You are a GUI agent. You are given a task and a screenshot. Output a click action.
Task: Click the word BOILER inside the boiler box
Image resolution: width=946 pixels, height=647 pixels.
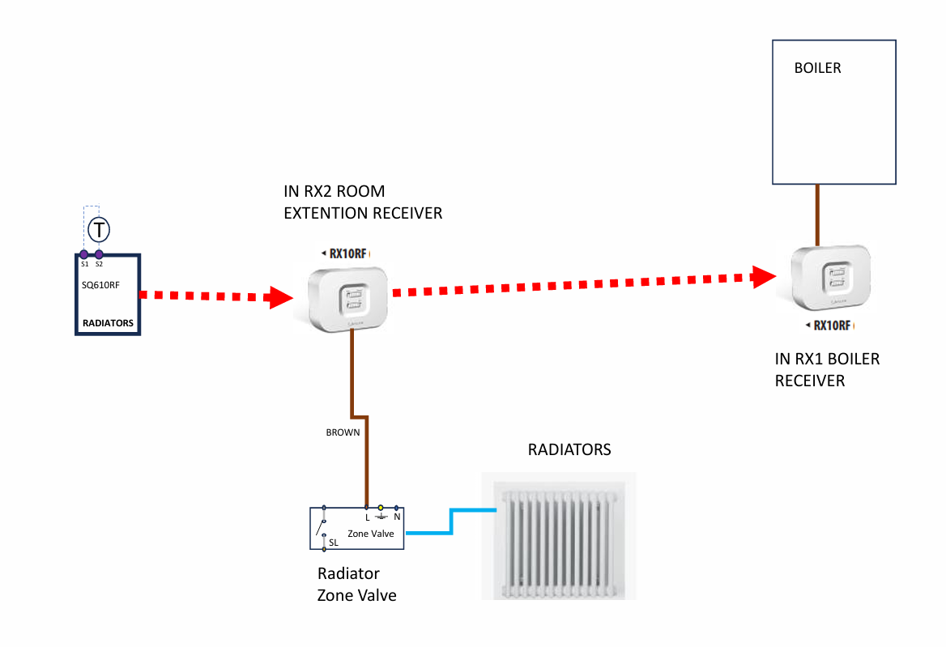pos(817,68)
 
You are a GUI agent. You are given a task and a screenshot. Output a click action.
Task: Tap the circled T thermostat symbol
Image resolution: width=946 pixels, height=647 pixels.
pos(98,230)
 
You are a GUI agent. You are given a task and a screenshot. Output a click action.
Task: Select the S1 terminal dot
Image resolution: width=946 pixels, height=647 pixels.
pos(84,254)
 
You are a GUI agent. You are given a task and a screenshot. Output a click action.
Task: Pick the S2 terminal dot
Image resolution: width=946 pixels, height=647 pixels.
pos(99,254)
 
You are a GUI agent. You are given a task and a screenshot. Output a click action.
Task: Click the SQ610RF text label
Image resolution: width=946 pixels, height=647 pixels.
pos(100,285)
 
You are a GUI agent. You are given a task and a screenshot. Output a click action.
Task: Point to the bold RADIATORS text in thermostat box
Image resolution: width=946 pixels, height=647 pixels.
pos(108,324)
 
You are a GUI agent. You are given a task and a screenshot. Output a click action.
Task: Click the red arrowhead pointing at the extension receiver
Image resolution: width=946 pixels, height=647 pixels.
pos(280,297)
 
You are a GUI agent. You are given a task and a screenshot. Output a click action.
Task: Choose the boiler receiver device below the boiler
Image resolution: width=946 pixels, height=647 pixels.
pos(831,278)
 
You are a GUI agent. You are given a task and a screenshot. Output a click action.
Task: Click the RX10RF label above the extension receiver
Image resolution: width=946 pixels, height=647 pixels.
pos(350,253)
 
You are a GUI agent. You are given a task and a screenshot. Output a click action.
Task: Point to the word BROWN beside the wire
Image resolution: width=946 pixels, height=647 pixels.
pos(343,432)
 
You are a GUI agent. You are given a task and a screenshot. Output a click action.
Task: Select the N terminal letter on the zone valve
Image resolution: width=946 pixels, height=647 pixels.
pos(397,517)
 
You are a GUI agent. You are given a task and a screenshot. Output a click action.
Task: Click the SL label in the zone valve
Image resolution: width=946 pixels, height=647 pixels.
pos(334,543)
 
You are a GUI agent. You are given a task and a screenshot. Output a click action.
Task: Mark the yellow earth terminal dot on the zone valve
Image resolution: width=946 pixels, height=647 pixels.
pos(381,508)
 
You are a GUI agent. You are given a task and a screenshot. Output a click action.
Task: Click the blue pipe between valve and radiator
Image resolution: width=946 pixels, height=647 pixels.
pos(450,522)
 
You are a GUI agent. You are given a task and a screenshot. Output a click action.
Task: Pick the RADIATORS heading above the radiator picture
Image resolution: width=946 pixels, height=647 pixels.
pos(569,449)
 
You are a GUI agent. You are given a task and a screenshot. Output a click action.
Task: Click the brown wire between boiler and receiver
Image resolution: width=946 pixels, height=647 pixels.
pos(818,215)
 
